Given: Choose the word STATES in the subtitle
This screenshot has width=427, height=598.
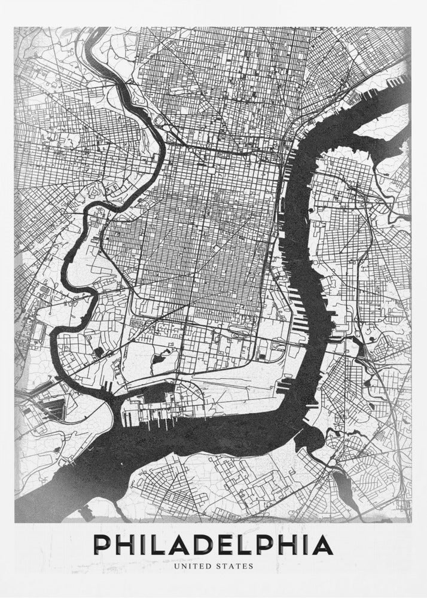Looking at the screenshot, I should pyautogui.click(x=235, y=564).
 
